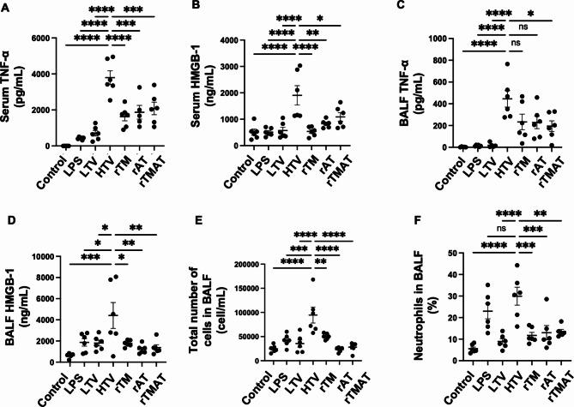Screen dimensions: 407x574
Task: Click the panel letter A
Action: click(x=7, y=7)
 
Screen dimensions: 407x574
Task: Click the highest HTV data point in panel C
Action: click(x=507, y=64)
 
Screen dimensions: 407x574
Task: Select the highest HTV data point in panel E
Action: click(x=314, y=279)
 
